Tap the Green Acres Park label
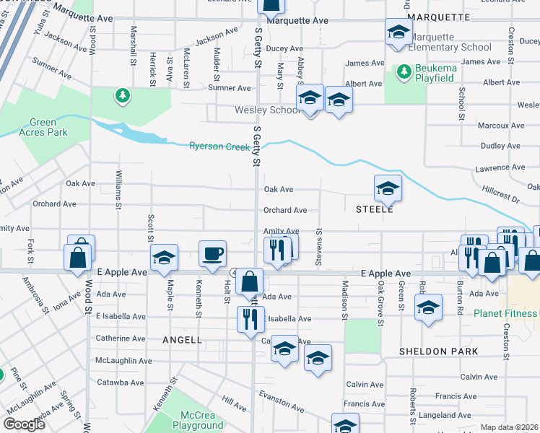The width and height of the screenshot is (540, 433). click(x=43, y=128)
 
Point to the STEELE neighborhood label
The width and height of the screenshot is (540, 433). click(x=374, y=209)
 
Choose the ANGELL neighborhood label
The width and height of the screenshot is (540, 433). click(x=182, y=339)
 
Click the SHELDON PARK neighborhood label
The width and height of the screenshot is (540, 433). click(x=438, y=351)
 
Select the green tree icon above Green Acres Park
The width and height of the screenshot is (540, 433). click(x=123, y=95)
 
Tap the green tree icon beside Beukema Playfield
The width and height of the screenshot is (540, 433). click(x=404, y=71)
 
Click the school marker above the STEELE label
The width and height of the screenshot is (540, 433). click(x=388, y=188)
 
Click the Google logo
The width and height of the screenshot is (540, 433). click(x=24, y=424)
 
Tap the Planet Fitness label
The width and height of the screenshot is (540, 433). click(x=505, y=313)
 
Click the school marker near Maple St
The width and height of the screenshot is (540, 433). click(x=164, y=257)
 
